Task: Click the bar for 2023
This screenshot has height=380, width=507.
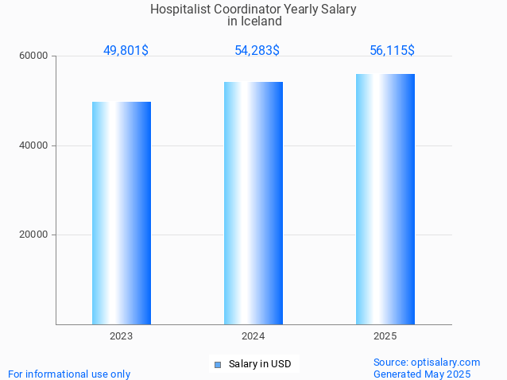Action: [x=122, y=213]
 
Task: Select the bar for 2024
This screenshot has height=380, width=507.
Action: [x=253, y=203]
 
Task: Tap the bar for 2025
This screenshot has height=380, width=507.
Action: [x=385, y=199]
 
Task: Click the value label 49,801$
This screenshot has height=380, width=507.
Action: [x=126, y=51]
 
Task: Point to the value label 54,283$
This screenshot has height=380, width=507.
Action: [x=257, y=51]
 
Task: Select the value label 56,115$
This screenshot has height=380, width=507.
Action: [x=392, y=51]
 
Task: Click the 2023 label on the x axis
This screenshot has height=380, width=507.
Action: [x=122, y=336]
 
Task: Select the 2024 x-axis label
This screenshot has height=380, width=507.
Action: [x=253, y=336]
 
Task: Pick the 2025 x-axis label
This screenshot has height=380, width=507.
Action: [x=385, y=336]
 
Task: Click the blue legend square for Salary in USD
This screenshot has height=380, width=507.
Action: [x=217, y=365]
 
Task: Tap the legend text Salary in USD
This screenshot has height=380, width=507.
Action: [x=260, y=364]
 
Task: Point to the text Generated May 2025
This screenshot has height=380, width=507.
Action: [x=422, y=374]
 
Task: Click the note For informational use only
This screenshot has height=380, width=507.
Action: [x=69, y=374]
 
